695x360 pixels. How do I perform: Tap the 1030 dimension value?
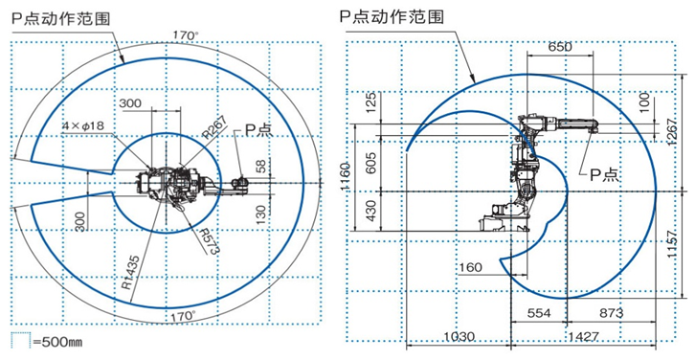[x=458, y=337]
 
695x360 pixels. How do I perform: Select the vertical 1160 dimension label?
[x=346, y=174]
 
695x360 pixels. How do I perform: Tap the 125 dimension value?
[x=371, y=102]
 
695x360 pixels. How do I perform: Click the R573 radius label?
[x=210, y=240]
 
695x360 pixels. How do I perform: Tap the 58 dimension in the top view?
[x=262, y=166]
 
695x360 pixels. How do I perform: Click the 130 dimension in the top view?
[x=260, y=213]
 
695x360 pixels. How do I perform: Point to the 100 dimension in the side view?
[x=643, y=101]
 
